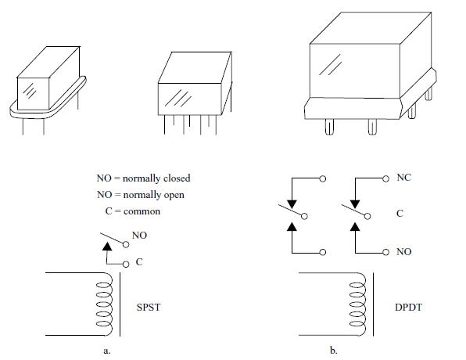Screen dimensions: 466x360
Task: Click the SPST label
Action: [149, 307]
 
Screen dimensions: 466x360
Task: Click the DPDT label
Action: [408, 307]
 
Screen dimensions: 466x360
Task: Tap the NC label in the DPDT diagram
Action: [404, 178]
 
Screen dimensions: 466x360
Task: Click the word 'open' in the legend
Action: [173, 196]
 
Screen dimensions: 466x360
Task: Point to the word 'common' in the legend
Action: [142, 211]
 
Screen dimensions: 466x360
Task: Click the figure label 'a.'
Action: [107, 351]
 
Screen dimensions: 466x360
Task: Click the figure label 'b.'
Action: [334, 350]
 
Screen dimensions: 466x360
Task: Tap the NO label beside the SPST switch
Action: [139, 236]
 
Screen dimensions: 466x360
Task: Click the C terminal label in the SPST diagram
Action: [139, 262]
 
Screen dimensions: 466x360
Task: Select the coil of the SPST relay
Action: [105, 304]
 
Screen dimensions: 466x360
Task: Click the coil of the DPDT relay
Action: [358, 304]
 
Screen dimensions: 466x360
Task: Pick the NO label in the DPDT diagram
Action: [404, 252]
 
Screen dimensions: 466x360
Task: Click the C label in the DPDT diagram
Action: [400, 214]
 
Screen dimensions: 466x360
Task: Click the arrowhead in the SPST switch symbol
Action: [107, 246]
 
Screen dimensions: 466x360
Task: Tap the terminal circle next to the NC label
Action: [385, 178]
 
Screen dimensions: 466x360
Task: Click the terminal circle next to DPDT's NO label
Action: [385, 252]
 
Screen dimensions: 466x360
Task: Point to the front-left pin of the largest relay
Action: [329, 127]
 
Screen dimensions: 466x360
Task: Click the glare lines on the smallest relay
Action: [30, 90]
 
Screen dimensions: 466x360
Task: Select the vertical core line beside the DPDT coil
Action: [373, 304]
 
